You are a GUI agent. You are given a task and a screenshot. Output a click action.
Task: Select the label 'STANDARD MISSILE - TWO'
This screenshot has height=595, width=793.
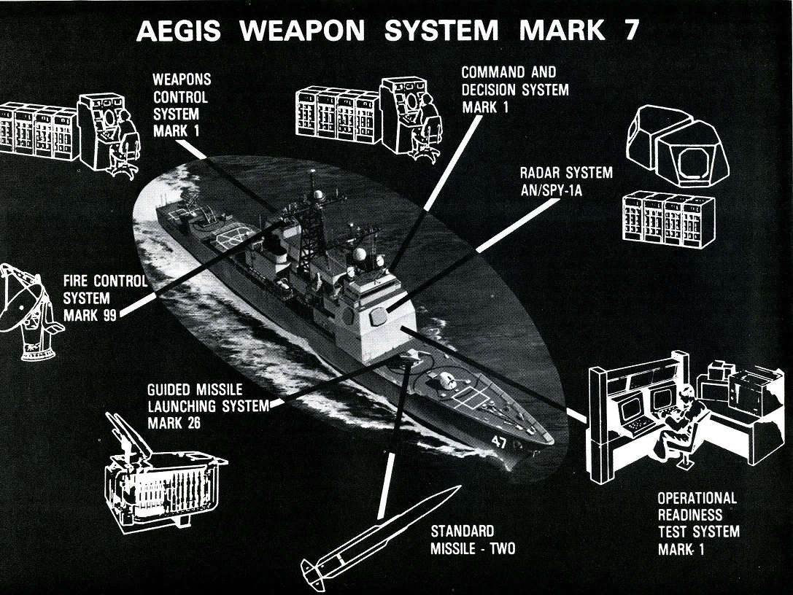pos(472,540)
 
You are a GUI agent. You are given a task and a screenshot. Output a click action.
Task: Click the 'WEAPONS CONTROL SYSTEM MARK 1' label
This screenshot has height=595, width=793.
pos(180,105)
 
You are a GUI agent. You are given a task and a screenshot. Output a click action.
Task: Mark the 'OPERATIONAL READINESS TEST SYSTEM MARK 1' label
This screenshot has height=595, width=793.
pos(697,524)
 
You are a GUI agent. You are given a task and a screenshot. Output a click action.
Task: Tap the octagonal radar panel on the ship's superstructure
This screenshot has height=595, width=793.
pos(379,316)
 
